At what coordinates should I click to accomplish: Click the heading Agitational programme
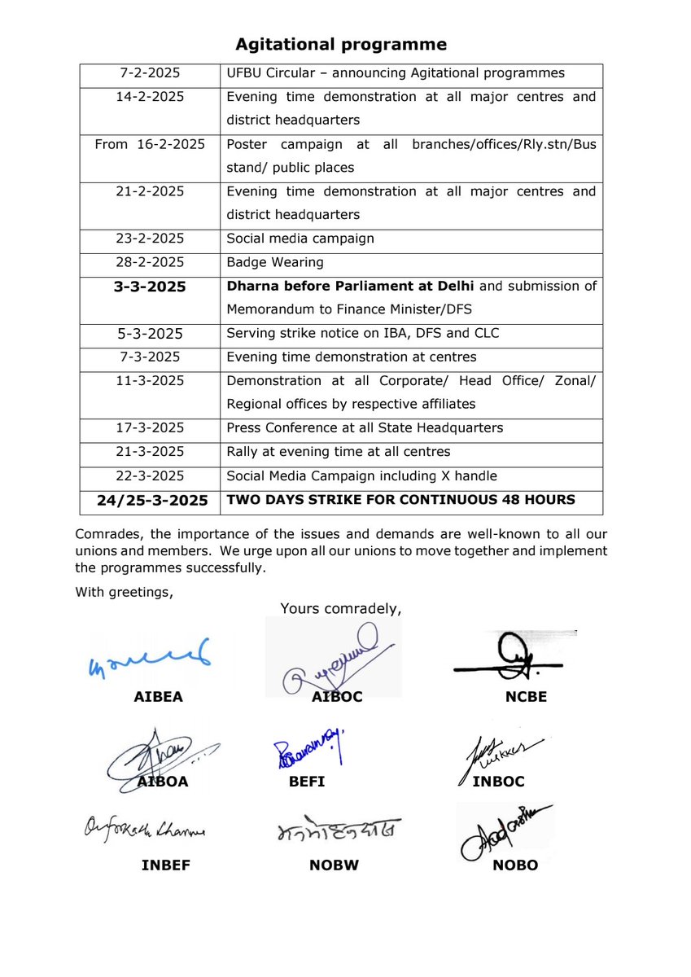click(341, 44)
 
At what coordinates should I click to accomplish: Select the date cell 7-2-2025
click(151, 73)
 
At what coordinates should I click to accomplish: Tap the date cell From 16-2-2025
click(151, 144)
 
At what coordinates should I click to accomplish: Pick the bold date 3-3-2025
click(151, 287)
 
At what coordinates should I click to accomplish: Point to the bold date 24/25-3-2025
click(151, 500)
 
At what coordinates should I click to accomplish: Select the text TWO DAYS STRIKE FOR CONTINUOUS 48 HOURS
click(400, 500)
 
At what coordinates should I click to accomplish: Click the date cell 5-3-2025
click(151, 334)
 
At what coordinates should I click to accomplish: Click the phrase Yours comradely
click(341, 608)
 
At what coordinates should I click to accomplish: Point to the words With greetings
click(124, 591)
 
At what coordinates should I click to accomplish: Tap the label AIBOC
click(337, 698)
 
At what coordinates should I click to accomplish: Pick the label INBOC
click(498, 782)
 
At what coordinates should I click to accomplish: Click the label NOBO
click(515, 865)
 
